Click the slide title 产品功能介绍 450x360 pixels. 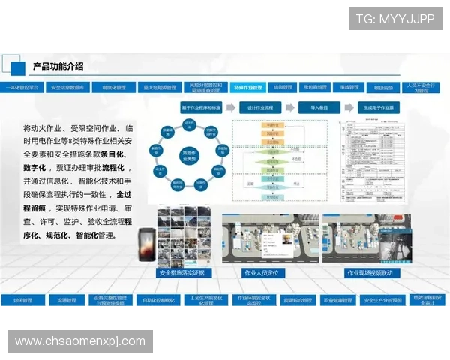tap(58, 67)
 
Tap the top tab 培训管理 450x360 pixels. tap(283, 88)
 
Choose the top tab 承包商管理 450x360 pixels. tap(315, 88)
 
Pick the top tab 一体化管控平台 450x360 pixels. tap(22, 88)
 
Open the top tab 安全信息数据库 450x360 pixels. tap(67, 88)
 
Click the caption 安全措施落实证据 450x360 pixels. tap(181, 273)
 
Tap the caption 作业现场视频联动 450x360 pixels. tap(369, 273)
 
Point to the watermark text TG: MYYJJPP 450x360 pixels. tap(395, 19)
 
